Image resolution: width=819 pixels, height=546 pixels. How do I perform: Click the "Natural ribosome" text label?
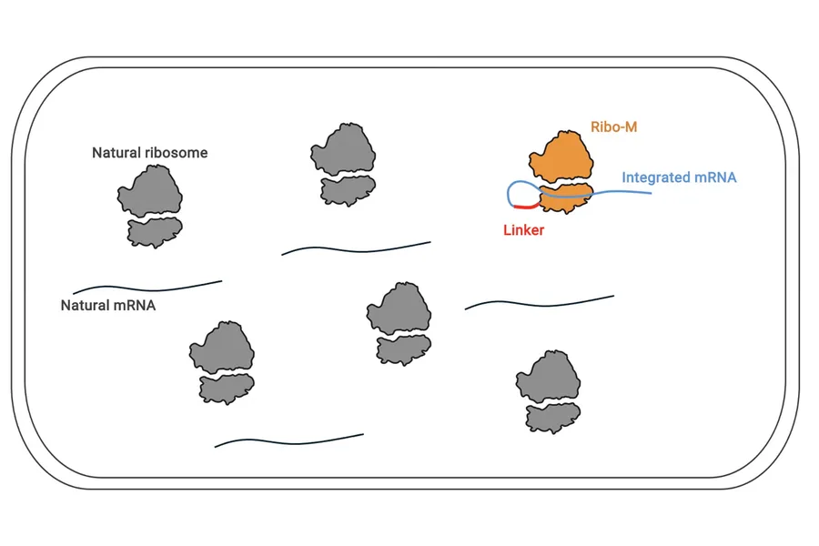click(150, 153)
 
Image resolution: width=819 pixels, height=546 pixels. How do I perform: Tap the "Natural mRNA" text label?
click(108, 305)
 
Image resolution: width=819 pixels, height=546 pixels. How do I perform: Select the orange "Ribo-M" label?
click(613, 127)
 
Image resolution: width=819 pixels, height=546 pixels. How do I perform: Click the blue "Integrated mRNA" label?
click(679, 177)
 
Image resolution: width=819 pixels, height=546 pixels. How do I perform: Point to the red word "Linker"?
click(523, 230)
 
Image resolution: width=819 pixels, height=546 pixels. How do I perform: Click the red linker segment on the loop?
click(526, 207)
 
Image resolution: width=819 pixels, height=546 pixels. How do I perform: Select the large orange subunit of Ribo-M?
click(561, 157)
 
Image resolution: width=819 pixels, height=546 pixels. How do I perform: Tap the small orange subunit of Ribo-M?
click(566, 198)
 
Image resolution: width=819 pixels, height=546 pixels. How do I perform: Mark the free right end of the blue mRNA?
click(651, 193)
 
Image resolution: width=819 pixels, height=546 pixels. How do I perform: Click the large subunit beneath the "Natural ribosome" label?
click(150, 191)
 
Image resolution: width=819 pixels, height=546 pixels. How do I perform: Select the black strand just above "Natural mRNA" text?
click(147, 288)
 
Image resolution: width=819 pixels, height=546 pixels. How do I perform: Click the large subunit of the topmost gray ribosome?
click(343, 149)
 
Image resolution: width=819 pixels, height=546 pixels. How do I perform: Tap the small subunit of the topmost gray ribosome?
click(348, 191)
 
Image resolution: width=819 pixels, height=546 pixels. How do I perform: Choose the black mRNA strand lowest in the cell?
click(288, 442)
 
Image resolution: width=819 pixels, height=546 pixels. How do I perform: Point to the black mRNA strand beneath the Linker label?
click(540, 303)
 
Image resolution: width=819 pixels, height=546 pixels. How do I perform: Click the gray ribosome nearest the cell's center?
click(399, 323)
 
